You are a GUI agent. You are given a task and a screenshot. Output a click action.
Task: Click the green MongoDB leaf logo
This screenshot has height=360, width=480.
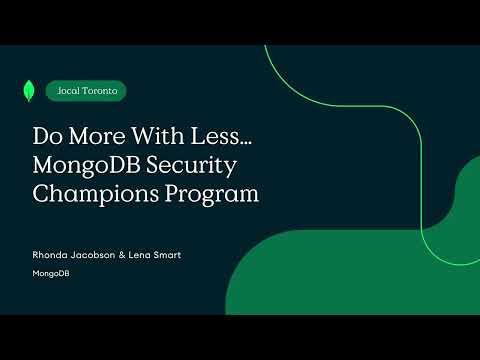tap(22, 90)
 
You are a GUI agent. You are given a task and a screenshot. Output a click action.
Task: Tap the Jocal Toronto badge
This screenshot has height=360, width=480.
tap(86, 90)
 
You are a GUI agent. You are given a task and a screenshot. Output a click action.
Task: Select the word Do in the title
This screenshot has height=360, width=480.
tap(47, 135)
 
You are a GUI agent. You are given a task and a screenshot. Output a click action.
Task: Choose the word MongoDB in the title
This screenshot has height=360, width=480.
tap(87, 164)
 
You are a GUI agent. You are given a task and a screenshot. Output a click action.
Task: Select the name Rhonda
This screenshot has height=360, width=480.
tap(50, 255)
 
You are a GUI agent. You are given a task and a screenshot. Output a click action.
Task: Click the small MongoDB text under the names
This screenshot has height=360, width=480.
tap(50, 273)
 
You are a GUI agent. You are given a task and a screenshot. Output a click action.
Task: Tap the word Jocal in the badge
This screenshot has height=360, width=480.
tap(69, 90)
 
